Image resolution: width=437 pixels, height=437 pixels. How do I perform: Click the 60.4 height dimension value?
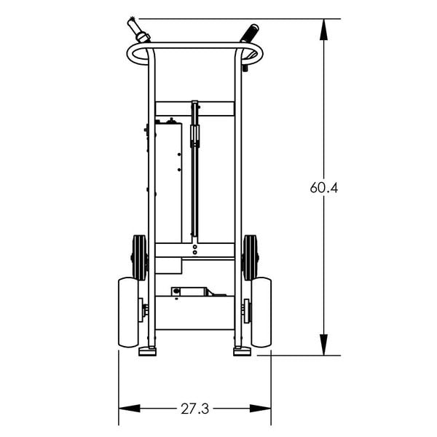tap(324, 187)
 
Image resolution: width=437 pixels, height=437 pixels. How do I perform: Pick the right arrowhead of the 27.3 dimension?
tap(264, 408)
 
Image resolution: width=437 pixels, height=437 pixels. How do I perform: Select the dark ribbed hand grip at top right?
tap(248, 34)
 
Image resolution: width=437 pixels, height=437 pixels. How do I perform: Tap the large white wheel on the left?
tap(128, 312)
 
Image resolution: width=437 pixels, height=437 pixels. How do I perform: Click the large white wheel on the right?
tap(261, 312)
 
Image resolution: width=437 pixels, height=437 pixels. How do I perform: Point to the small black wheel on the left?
tap(138, 257)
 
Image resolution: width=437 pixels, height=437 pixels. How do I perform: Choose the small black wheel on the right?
tap(251, 257)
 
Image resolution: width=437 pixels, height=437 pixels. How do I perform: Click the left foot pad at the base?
tap(147, 352)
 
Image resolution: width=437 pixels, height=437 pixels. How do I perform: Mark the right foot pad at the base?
tap(242, 352)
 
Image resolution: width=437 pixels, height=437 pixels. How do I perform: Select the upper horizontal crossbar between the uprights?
tap(194, 109)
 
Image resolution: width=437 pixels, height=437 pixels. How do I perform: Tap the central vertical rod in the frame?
tap(194, 175)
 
